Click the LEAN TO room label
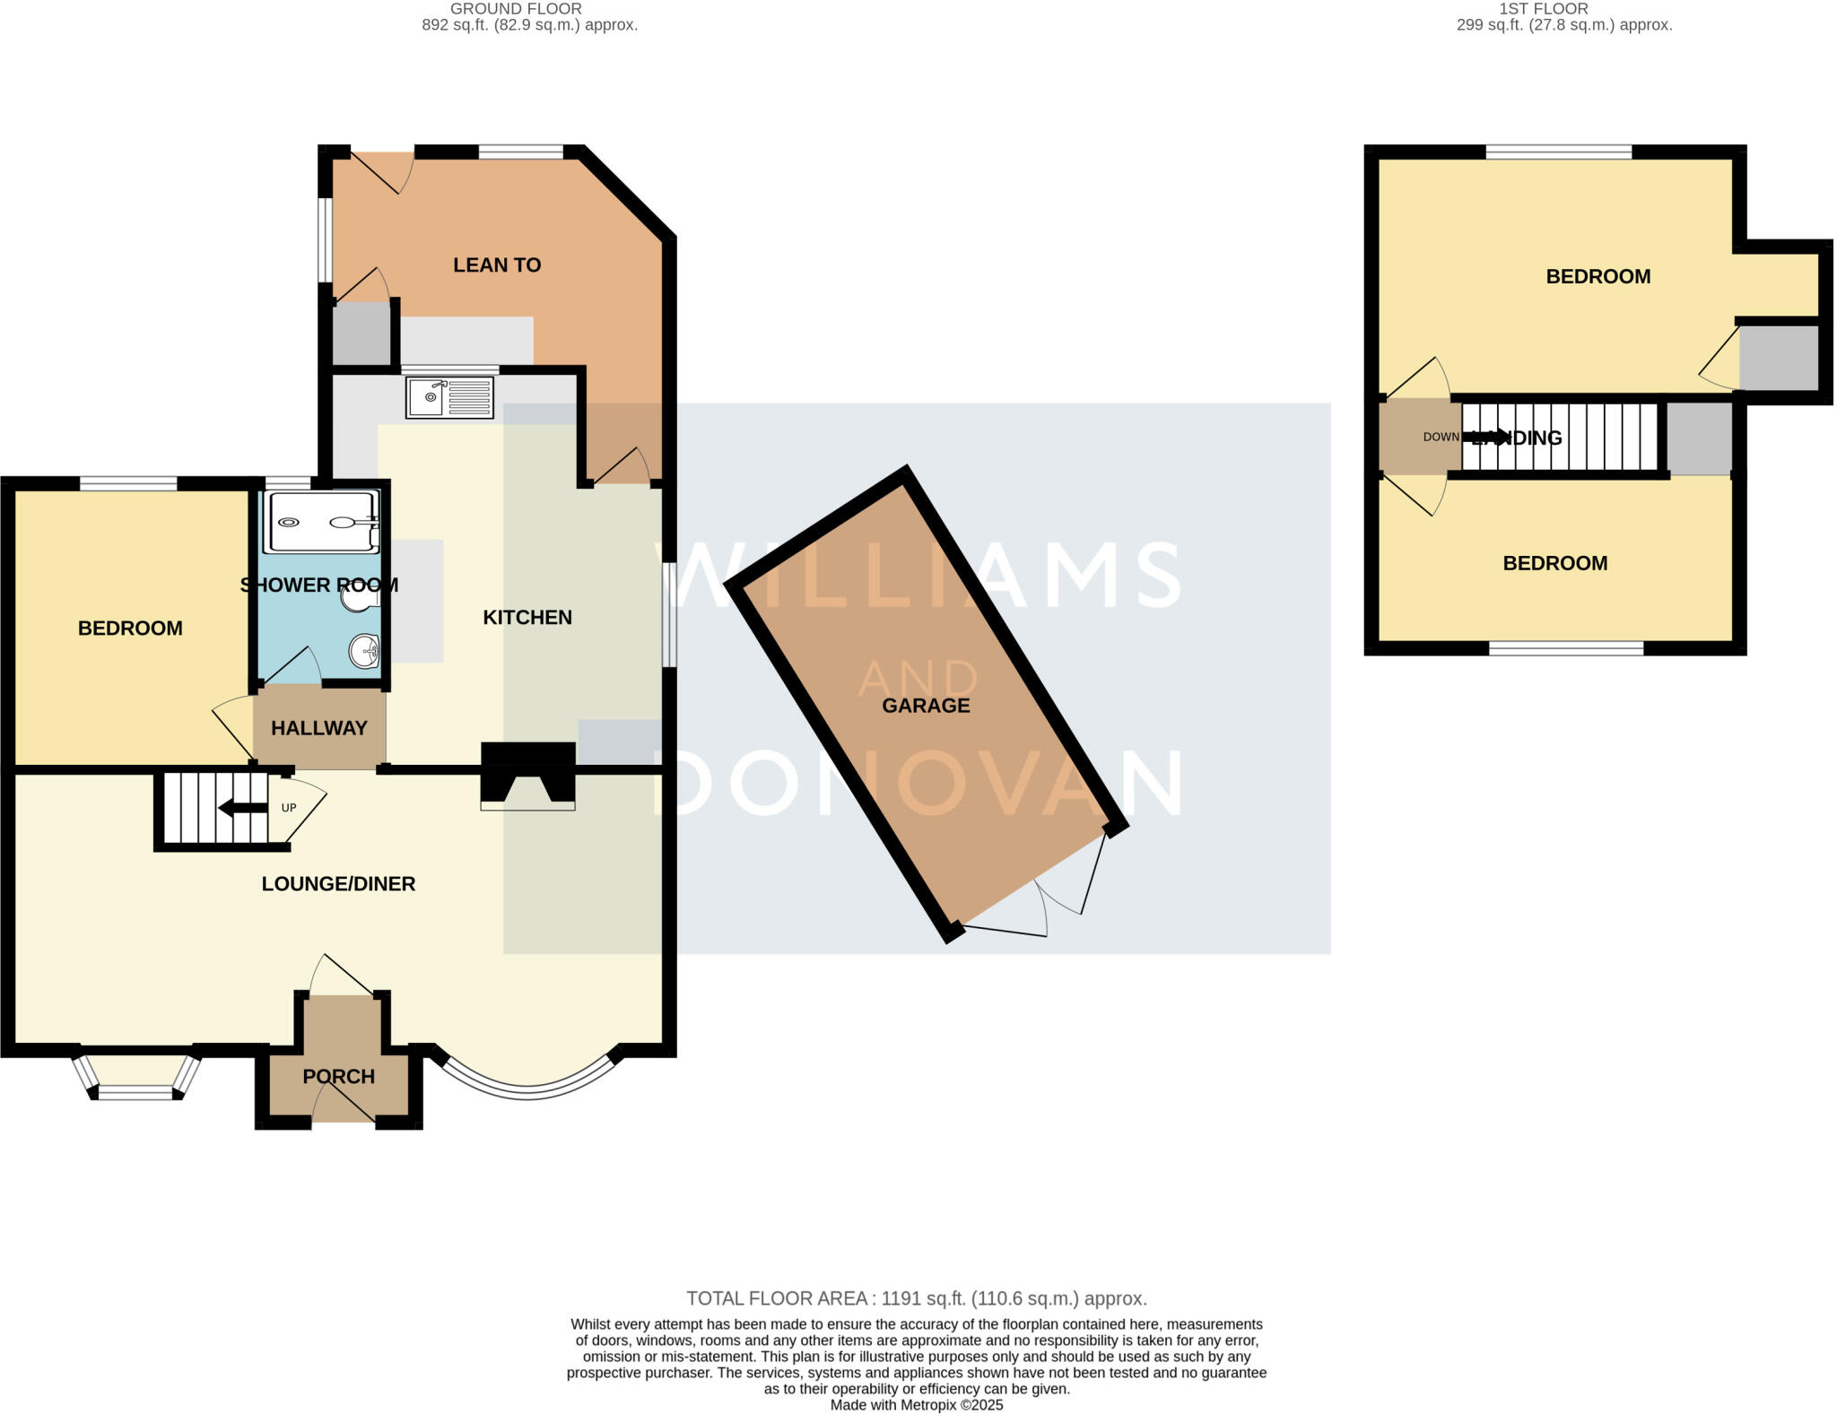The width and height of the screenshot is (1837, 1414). tap(497, 265)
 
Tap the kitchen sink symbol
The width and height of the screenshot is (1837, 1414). tap(449, 397)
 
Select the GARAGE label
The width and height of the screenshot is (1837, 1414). tap(926, 706)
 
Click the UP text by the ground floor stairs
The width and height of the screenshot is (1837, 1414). tap(289, 808)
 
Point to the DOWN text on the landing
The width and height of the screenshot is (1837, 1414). tap(1441, 438)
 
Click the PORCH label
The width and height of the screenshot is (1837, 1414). tap(338, 1076)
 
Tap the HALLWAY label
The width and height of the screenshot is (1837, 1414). tap(319, 728)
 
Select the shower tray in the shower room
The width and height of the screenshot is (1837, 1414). tap(320, 522)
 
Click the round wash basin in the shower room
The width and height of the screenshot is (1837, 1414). tap(365, 651)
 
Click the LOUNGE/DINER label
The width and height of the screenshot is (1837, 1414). tap(338, 884)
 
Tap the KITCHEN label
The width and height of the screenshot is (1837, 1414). tap(527, 618)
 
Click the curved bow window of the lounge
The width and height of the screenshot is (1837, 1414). tap(527, 1089)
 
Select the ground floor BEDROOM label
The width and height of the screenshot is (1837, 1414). tap(130, 629)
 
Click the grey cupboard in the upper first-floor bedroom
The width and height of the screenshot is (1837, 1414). tap(1779, 358)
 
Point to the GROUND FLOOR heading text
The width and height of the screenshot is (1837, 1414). tap(516, 9)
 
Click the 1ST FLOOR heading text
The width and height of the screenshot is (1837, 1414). tap(1563, 9)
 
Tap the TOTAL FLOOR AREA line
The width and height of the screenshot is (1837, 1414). tap(917, 1298)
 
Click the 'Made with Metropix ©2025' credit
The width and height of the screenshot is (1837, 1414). tap(917, 1405)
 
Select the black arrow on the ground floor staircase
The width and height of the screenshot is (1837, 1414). tap(242, 808)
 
